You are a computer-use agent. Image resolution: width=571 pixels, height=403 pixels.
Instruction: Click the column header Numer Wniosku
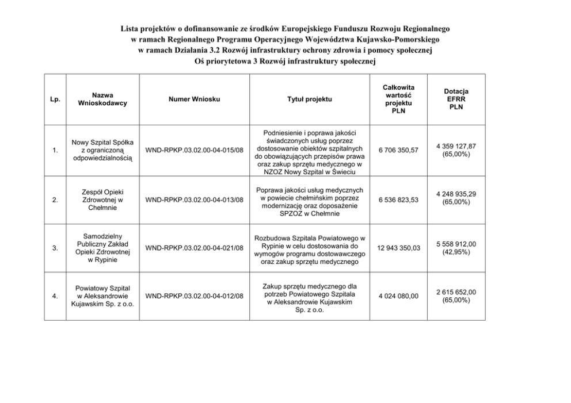pos(194,99)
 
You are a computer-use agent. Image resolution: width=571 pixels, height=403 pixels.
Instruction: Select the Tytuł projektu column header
pos(310,99)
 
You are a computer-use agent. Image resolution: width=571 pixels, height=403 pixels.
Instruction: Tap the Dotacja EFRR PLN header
pos(456,99)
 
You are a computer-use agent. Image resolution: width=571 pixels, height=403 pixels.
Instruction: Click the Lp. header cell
pos(55,99)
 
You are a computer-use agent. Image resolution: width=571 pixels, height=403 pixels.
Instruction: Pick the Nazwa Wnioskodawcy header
pos(102,99)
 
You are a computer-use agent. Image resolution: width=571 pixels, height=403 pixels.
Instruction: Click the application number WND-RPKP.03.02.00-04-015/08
pos(195,151)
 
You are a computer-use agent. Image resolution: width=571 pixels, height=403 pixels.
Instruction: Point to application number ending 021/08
pos(195,248)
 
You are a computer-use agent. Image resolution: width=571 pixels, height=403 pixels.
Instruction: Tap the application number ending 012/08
pos(195,296)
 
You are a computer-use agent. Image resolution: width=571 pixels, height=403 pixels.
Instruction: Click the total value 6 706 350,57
pos(399,151)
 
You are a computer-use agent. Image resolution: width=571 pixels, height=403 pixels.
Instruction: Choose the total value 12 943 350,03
pos(399,248)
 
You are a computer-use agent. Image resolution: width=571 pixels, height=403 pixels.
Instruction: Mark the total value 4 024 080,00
pos(399,296)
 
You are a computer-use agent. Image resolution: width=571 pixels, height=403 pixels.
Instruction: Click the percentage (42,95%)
pos(456,252)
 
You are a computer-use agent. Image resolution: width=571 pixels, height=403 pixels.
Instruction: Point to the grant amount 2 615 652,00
pos(456,292)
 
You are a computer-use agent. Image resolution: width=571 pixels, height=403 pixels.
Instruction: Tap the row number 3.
pos(55,248)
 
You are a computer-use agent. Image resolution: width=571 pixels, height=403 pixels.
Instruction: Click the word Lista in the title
pos(130,28)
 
